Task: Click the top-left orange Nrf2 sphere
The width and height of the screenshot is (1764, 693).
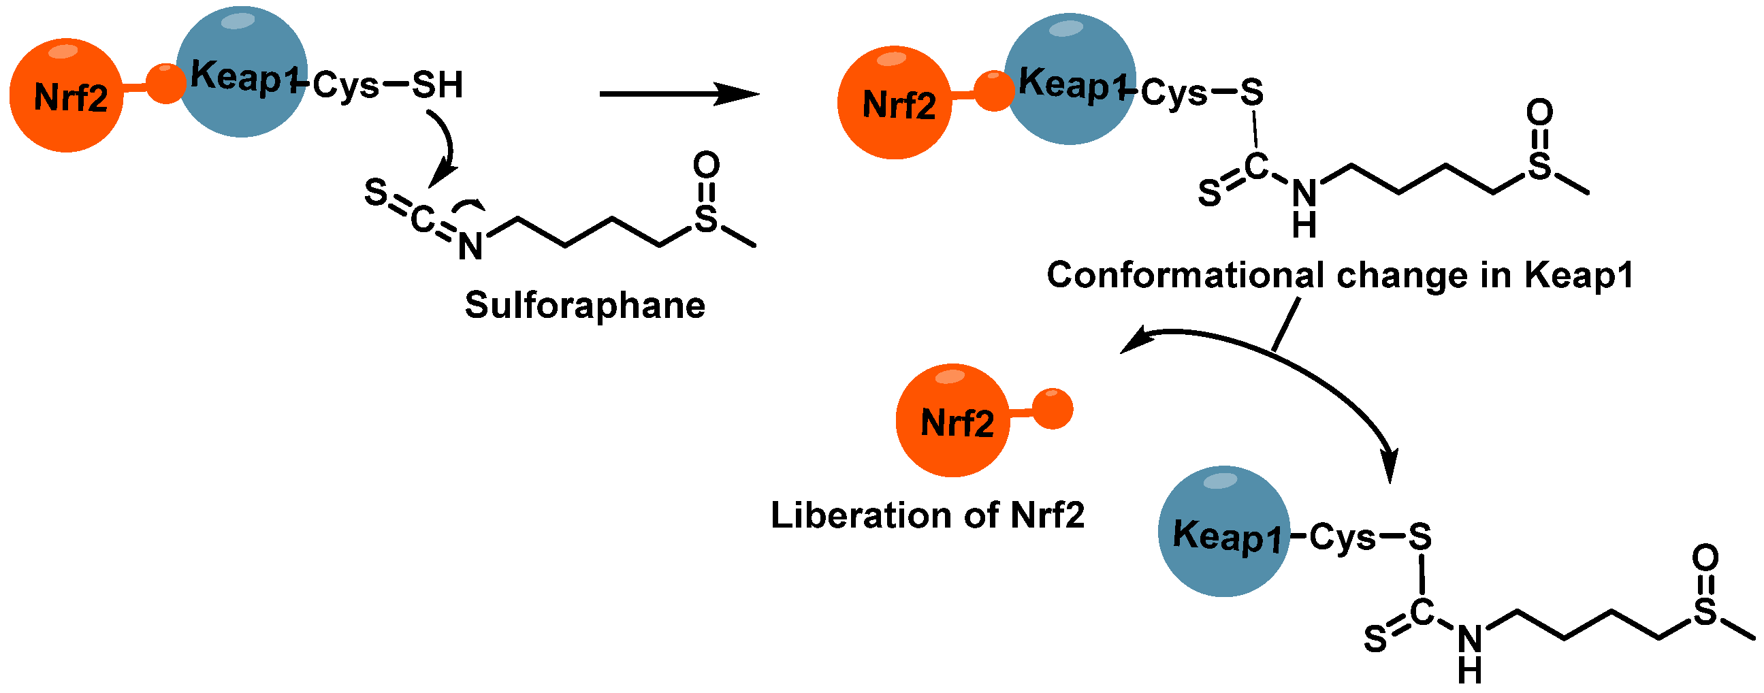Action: tap(67, 95)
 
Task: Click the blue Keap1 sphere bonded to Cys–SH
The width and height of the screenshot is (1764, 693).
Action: tap(242, 72)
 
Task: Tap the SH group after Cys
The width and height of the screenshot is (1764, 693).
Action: tap(437, 85)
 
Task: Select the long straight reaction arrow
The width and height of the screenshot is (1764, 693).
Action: tap(678, 93)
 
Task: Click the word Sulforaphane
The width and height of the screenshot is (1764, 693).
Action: tap(585, 306)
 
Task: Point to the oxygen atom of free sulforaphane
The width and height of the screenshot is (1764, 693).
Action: tap(706, 165)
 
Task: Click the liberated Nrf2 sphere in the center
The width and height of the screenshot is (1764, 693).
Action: tap(952, 421)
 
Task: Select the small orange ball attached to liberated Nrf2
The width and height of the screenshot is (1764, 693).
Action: tap(1053, 409)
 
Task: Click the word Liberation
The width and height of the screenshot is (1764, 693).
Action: tap(860, 515)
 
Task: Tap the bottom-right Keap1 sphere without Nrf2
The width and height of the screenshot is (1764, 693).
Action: tap(1223, 532)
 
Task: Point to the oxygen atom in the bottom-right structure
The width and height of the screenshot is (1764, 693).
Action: tap(1705, 558)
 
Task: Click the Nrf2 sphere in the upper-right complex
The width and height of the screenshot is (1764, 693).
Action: tap(895, 103)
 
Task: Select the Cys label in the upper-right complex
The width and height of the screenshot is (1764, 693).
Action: tap(1173, 93)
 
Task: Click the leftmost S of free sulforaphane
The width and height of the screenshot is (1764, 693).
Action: tap(375, 193)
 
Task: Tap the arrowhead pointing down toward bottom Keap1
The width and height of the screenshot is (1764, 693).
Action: tap(1390, 468)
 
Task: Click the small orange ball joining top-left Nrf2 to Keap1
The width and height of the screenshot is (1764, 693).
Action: tap(165, 84)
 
